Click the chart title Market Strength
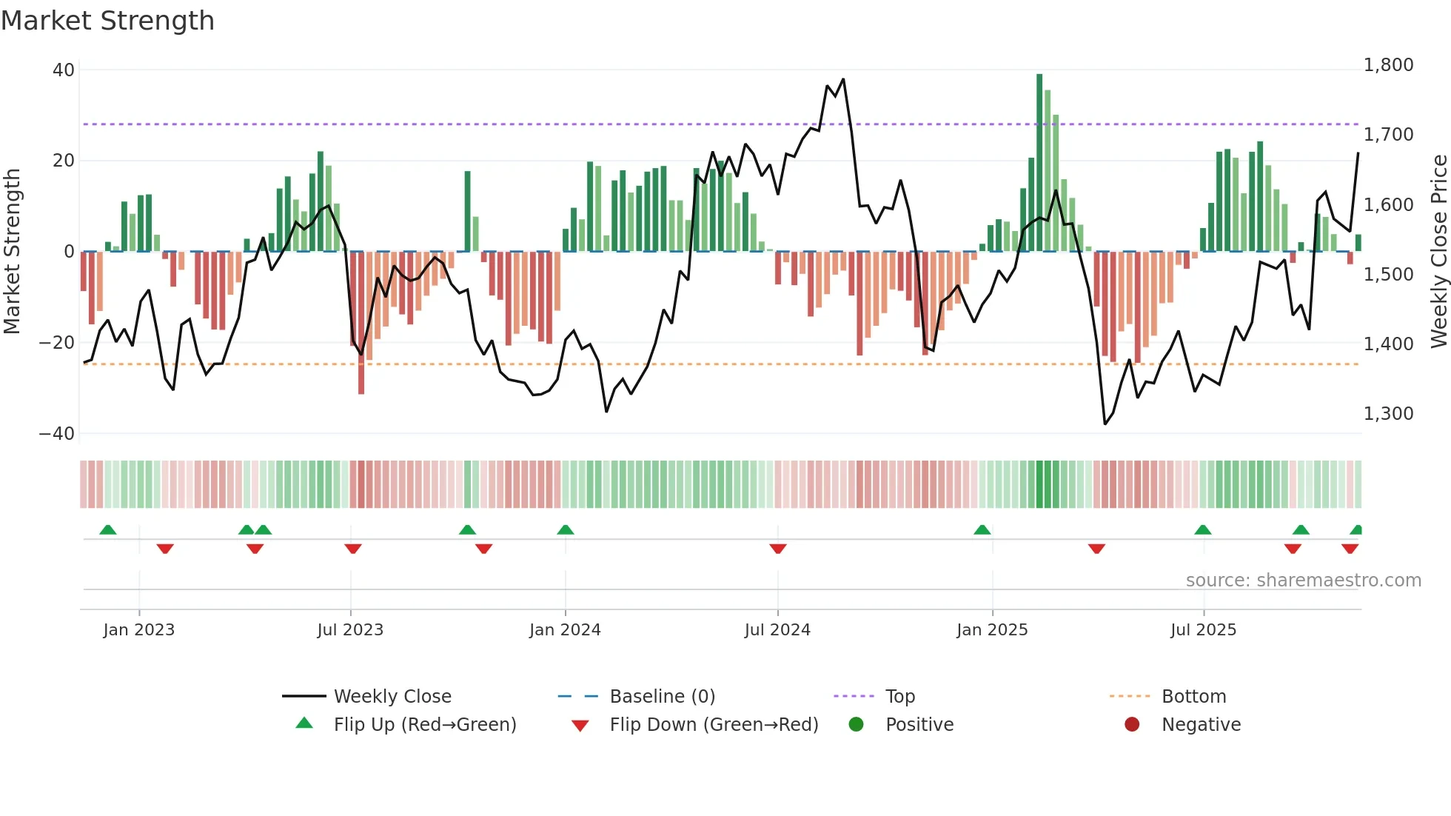(107, 21)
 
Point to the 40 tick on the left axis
(64, 70)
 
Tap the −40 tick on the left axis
(57, 434)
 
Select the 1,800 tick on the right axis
(1388, 65)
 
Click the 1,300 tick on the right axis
(1388, 414)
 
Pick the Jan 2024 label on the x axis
(565, 630)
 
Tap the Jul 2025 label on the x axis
(1203, 630)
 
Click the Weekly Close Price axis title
(1438, 251)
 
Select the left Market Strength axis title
(12, 251)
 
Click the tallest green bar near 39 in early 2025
(1039, 163)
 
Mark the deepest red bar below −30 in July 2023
(361, 323)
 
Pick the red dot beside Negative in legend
(1131, 725)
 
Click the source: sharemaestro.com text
(1303, 581)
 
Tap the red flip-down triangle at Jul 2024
(777, 549)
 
